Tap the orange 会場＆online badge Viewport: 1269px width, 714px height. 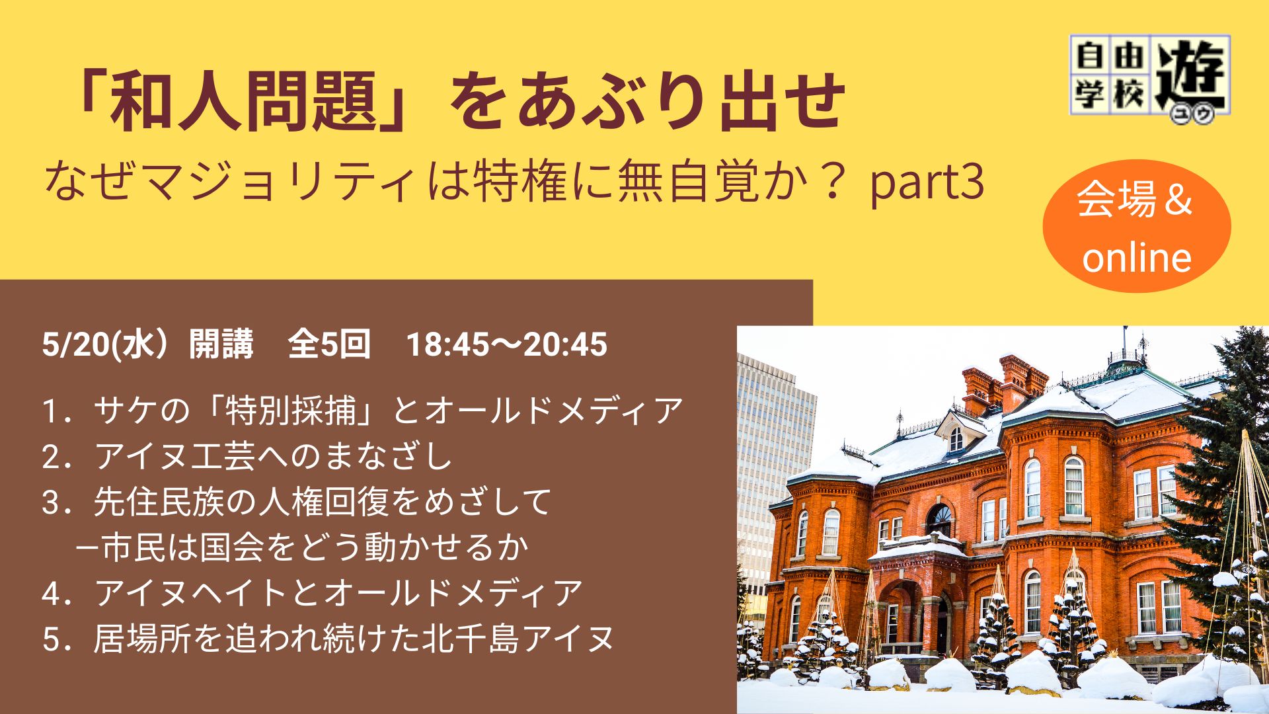pyautogui.click(x=1137, y=226)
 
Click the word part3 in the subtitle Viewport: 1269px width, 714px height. pyautogui.click(x=927, y=183)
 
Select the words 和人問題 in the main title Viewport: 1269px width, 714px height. pyautogui.click(x=244, y=102)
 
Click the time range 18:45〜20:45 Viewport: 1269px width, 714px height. pyautogui.click(x=506, y=344)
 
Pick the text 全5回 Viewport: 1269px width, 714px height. pyautogui.click(x=329, y=344)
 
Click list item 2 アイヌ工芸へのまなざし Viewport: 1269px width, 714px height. pyautogui.click(x=247, y=456)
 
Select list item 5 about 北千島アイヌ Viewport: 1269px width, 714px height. pyautogui.click(x=328, y=639)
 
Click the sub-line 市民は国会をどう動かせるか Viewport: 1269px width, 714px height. pyautogui.click(x=315, y=547)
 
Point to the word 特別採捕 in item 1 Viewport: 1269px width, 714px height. pyautogui.click(x=291, y=411)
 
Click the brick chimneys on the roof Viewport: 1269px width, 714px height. pyautogui.click(x=1005, y=383)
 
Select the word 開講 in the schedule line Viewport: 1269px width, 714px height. pyautogui.click(x=221, y=344)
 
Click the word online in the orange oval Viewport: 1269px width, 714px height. pyautogui.click(x=1137, y=257)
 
